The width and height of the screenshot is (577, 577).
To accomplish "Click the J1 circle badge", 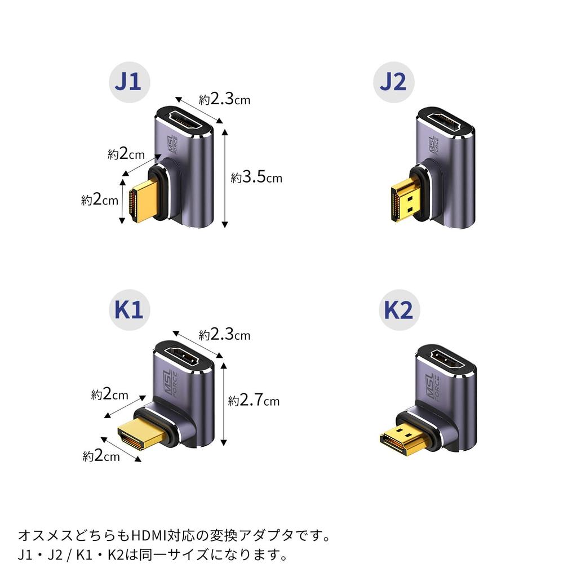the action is click(129, 82).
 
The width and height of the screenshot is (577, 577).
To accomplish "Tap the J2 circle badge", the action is click(394, 82).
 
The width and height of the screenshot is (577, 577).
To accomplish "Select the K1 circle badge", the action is click(129, 310).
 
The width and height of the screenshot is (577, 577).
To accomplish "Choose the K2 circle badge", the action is click(400, 310).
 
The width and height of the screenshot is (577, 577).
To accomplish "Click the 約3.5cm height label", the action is click(256, 177).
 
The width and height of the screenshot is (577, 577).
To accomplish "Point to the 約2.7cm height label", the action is click(254, 400).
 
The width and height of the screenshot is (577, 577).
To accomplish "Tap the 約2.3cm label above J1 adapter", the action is click(224, 99).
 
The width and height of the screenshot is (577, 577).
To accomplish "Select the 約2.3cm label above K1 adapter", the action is click(224, 335).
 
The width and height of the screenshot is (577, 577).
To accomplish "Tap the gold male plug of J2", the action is click(407, 200).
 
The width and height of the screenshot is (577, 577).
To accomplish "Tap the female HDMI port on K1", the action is click(183, 356).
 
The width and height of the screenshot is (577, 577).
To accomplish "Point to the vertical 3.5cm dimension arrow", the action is click(225, 179).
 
